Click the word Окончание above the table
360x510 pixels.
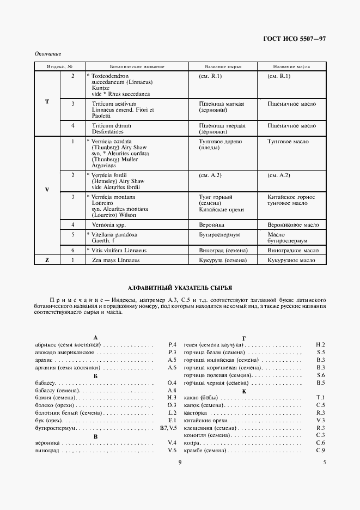(47, 54)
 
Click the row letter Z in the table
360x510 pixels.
(47, 260)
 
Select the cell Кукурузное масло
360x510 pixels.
(291, 260)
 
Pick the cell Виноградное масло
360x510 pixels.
(293, 251)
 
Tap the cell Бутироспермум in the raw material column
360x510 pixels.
(220, 234)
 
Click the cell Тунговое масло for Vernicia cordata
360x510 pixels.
(288, 142)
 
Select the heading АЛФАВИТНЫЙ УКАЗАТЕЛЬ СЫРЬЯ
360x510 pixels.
(180, 287)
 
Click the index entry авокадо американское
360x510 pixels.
(64, 353)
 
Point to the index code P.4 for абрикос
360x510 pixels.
(172, 345)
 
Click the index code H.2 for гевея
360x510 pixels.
(320, 345)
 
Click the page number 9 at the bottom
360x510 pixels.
(180, 463)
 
